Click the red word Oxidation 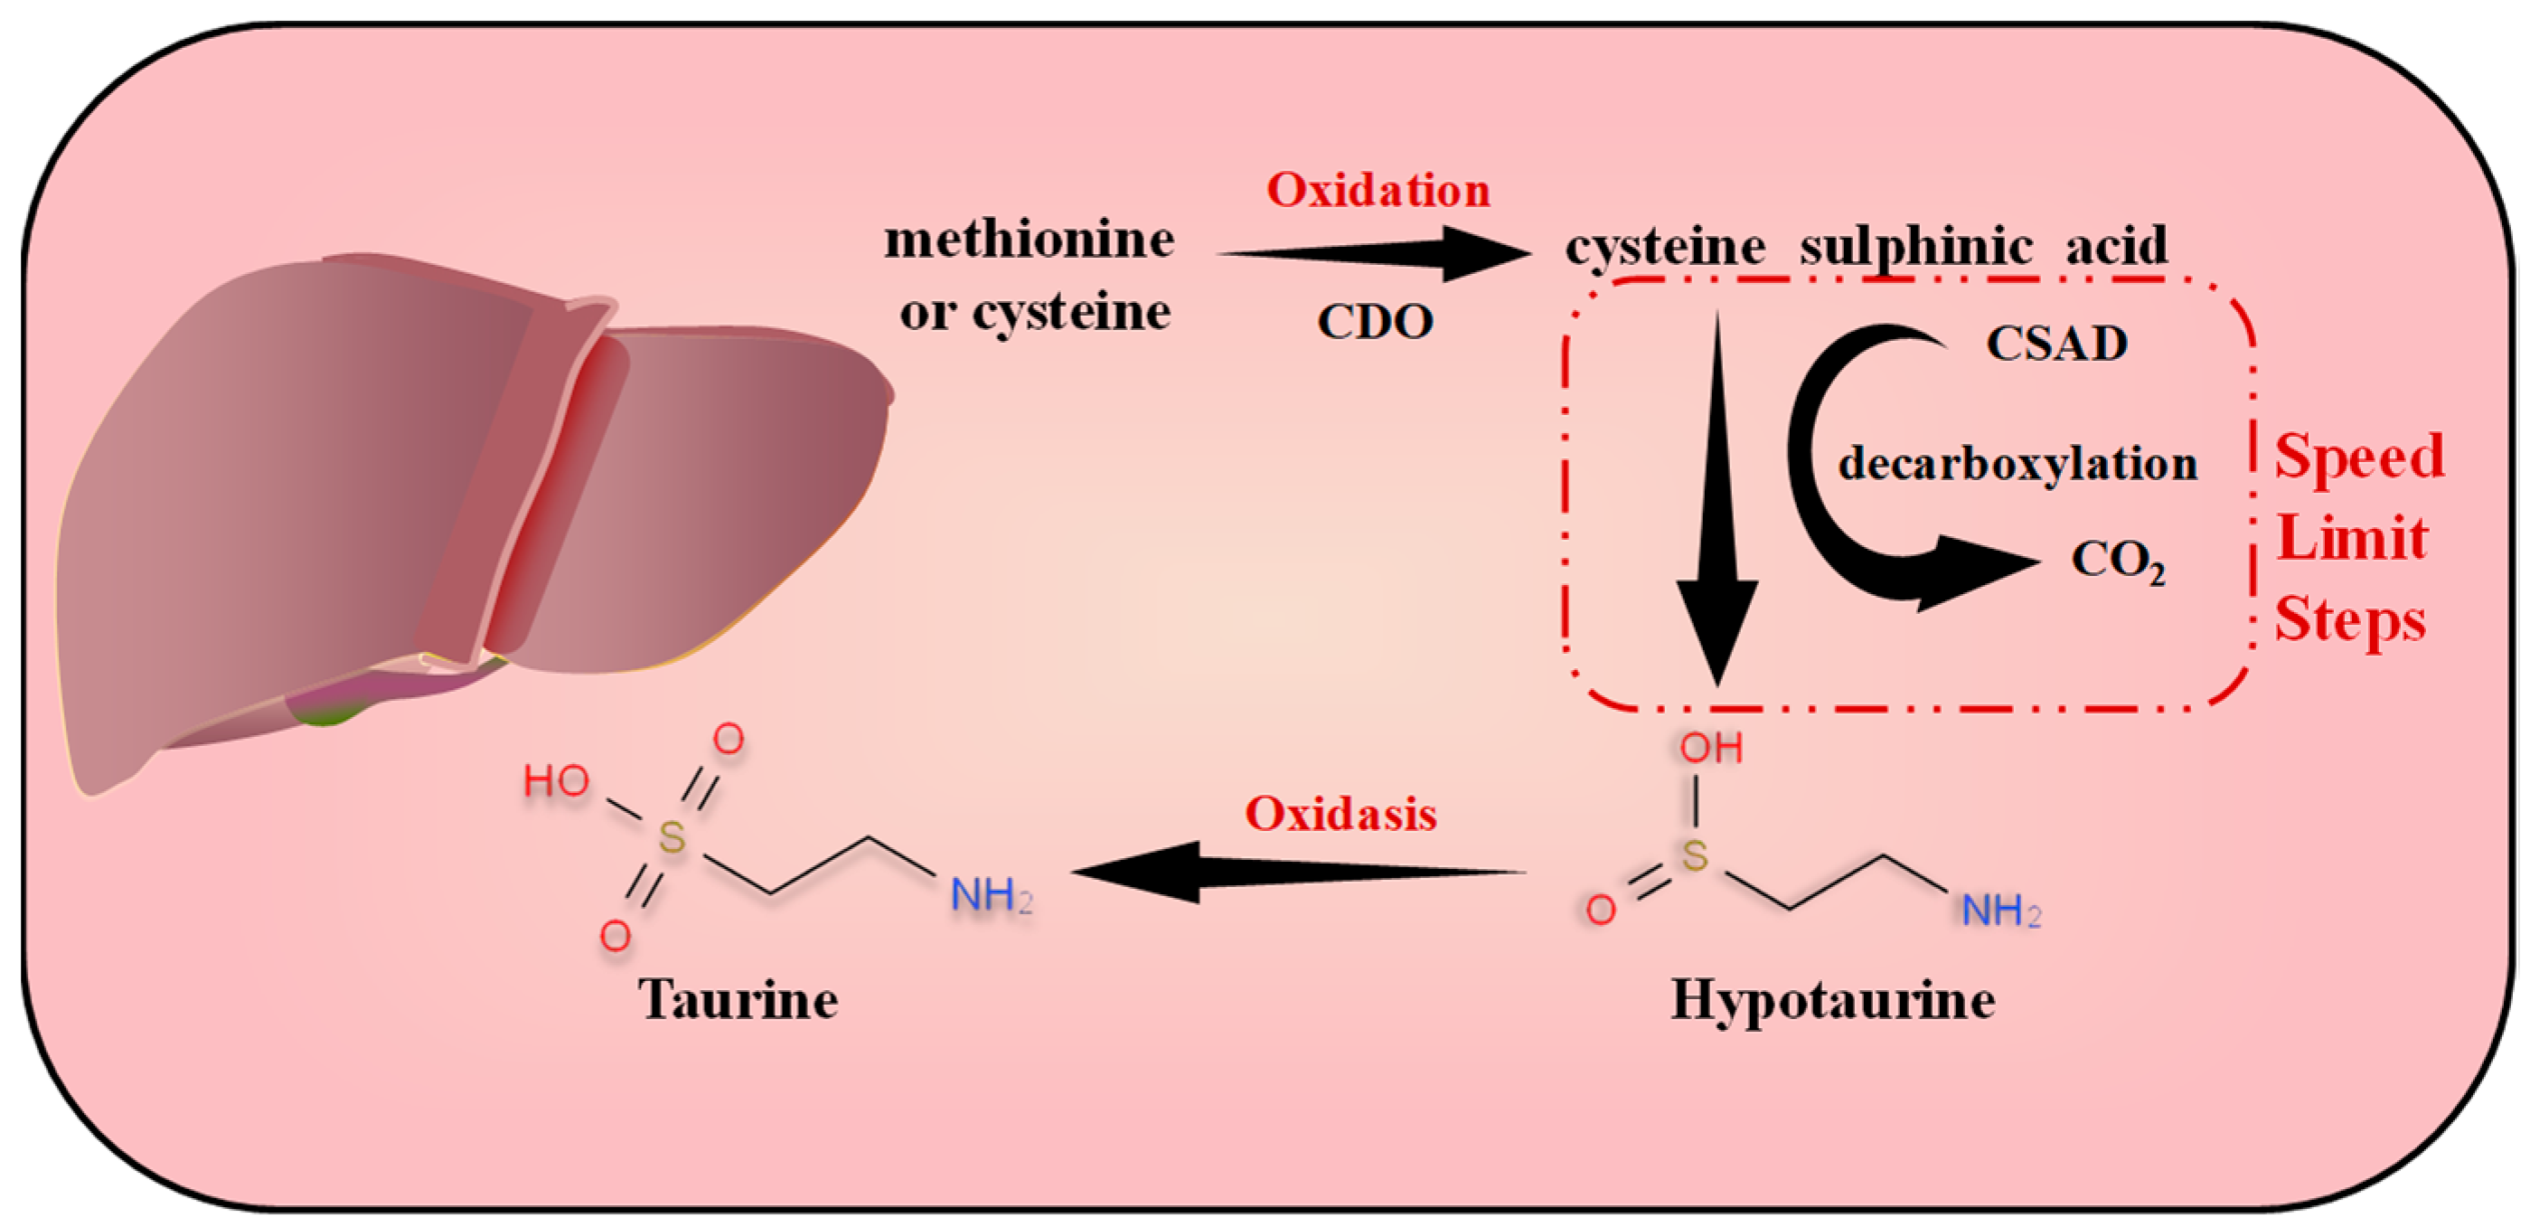click(1378, 190)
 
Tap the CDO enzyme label click(1375, 321)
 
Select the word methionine click(1030, 240)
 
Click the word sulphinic click(1915, 246)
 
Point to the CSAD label click(2056, 344)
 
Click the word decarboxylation click(2017, 463)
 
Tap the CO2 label click(2118, 561)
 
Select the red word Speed click(2359, 457)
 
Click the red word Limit click(2351, 538)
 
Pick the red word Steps click(2350, 621)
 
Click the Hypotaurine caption click(1833, 1000)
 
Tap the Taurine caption click(738, 1000)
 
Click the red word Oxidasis click(1340, 815)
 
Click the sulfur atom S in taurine click(672, 838)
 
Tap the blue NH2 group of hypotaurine click(2000, 911)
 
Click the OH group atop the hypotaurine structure click(1711, 749)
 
